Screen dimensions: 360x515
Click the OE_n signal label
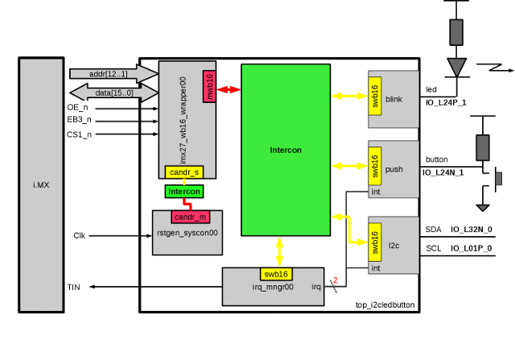tap(77, 107)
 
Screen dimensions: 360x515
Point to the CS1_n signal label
tap(79, 134)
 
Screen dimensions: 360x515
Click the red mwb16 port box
tap(209, 86)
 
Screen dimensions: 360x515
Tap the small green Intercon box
tap(183, 192)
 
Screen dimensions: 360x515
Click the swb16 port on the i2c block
tap(374, 242)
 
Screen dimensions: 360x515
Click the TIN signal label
tap(74, 288)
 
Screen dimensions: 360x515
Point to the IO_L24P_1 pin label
tap(445, 103)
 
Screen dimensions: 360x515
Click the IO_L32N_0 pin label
tap(471, 230)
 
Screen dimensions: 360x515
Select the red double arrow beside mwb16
tap(229, 89)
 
